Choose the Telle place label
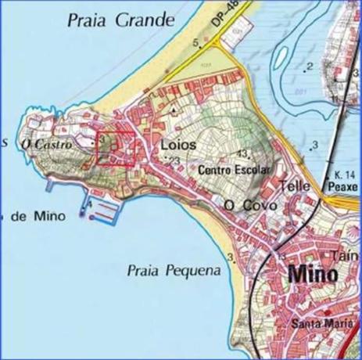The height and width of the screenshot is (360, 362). tap(295, 187)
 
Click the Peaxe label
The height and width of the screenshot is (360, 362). tap(344, 189)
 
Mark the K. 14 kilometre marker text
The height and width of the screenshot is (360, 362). tap(344, 174)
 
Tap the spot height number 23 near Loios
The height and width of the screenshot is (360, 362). tap(174, 160)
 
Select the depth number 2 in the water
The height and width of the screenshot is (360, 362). tap(310, 66)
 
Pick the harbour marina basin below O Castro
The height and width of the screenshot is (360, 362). tap(104, 210)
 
